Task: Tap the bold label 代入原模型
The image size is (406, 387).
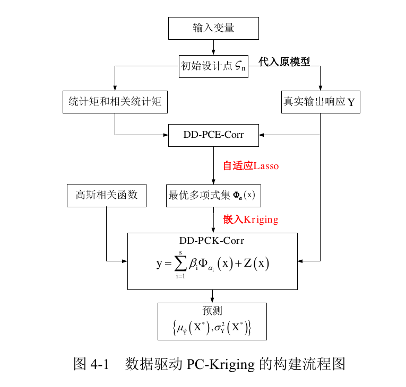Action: (284, 61)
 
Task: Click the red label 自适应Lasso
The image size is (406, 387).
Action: (250, 166)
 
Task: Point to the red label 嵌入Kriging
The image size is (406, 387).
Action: (250, 219)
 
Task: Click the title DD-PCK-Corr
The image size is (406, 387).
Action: (212, 241)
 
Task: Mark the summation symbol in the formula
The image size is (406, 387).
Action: (180, 263)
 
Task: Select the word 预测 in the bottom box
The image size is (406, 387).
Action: (212, 311)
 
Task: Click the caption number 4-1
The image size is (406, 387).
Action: (100, 364)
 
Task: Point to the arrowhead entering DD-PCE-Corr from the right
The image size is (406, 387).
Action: (262, 135)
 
